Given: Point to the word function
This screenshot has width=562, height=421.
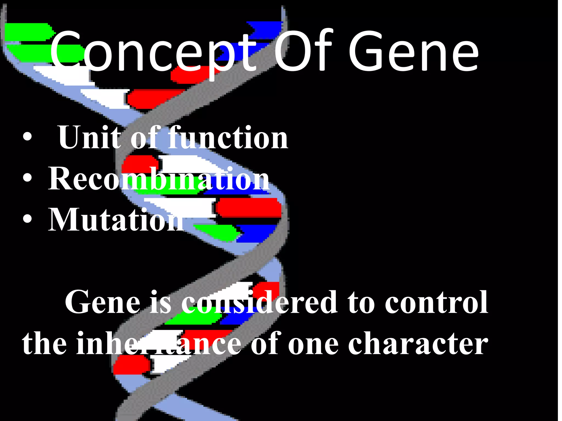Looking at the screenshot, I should tap(228, 137).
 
